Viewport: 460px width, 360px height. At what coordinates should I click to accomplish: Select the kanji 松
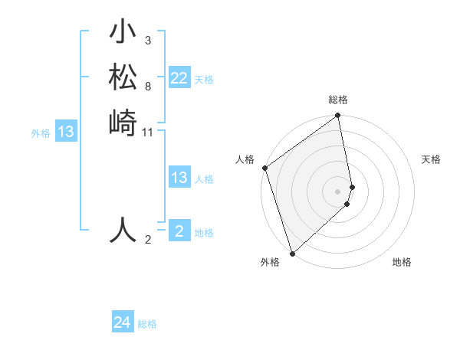tap(123, 78)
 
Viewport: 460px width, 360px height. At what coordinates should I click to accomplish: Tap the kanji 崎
tap(123, 122)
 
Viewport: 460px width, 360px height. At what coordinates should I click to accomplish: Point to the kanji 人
tap(123, 230)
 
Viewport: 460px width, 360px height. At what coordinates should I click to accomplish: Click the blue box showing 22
tap(179, 78)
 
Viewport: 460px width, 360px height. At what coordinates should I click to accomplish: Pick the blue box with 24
tap(123, 322)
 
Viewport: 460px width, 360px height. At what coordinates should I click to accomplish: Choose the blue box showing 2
tap(179, 231)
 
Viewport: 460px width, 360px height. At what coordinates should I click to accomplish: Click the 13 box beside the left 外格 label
tap(66, 133)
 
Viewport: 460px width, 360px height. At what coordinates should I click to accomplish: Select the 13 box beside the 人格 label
tap(179, 178)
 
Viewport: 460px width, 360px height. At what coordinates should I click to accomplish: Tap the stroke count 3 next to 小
tap(147, 39)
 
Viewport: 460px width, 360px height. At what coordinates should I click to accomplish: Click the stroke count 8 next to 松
tap(147, 86)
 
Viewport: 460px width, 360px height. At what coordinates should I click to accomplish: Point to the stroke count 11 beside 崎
tap(148, 132)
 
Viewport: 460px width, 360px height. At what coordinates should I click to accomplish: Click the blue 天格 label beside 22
tap(204, 80)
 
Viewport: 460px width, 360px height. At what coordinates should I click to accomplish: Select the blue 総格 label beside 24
tap(147, 324)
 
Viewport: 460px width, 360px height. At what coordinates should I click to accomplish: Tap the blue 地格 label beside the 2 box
tap(204, 233)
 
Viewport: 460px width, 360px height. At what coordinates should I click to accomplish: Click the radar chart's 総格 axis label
tap(338, 100)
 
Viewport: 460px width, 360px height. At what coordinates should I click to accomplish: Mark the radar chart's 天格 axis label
tap(432, 159)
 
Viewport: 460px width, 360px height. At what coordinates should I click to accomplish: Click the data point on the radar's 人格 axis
tap(264, 168)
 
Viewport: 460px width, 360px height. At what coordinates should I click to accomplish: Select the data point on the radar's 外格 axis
tap(292, 253)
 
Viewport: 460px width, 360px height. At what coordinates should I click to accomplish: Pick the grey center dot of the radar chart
tap(337, 191)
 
